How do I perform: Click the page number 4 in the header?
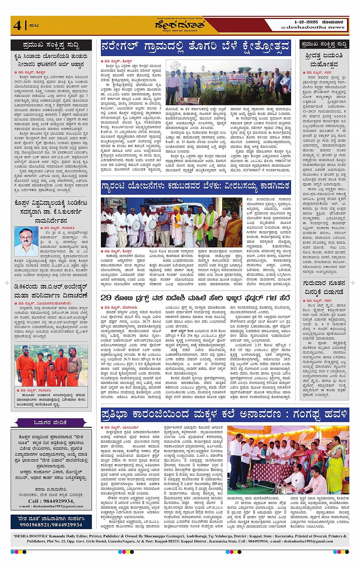[x=17, y=25]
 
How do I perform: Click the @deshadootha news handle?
[x=312, y=27]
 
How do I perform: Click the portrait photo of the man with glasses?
[x=26, y=241]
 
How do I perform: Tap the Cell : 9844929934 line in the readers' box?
[x=51, y=501]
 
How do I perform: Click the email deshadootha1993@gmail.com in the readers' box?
[x=51, y=506]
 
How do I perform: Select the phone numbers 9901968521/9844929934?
[x=51, y=525]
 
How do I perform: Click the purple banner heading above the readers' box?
[x=51, y=422]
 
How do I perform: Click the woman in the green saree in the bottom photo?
[x=335, y=465]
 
